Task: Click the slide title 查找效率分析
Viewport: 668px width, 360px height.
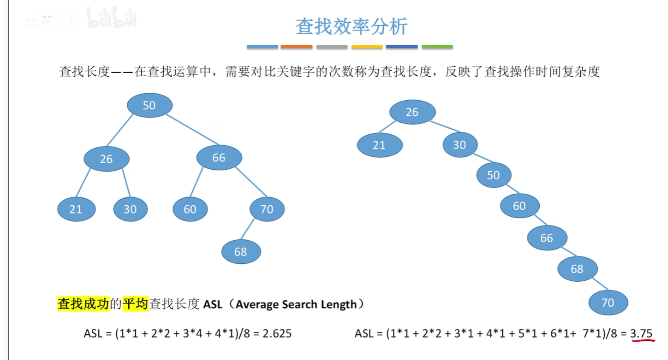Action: pos(351,27)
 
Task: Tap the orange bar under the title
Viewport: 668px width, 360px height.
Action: pos(297,47)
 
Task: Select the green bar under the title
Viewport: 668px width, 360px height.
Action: pos(437,47)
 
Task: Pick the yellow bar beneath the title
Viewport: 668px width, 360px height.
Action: pos(367,47)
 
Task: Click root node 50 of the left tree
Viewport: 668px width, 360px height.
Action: pos(149,105)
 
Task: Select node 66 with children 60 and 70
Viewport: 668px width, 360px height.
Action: pos(219,158)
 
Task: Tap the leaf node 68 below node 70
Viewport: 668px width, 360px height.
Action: pos(241,252)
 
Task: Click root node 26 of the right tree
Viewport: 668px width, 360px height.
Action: pos(412,112)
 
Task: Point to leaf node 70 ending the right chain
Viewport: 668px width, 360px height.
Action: pos(608,303)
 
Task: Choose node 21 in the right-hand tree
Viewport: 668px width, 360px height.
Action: pos(379,145)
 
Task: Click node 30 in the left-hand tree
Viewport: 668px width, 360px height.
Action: pos(130,209)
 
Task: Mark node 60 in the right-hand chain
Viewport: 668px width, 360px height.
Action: pos(520,206)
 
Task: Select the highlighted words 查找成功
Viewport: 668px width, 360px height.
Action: pos(83,305)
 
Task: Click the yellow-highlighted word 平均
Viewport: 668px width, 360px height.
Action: pos(135,305)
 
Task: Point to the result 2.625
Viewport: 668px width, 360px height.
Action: pos(277,333)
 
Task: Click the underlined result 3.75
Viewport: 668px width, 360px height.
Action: pos(641,333)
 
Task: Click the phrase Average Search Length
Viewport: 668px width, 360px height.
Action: pos(296,305)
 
